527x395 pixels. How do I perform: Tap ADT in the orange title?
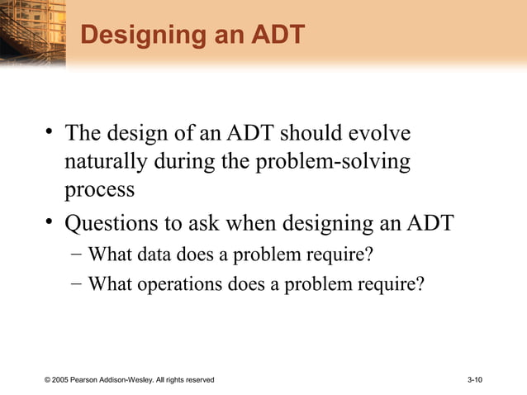click(x=272, y=36)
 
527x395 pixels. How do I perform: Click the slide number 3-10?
click(x=475, y=379)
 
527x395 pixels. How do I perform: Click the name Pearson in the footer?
click(x=88, y=379)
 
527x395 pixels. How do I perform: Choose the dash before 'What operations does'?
click(x=75, y=284)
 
